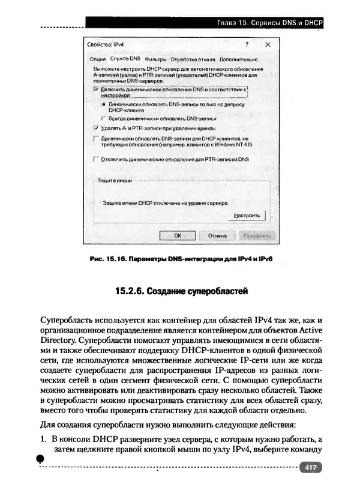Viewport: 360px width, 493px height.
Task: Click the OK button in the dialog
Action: click(x=178, y=236)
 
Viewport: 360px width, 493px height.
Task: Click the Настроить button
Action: click(x=247, y=215)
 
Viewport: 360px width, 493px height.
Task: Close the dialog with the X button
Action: click(x=268, y=45)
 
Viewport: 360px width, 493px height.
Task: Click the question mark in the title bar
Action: click(x=247, y=45)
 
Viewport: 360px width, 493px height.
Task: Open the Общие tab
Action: click(x=97, y=59)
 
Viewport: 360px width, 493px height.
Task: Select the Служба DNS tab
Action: click(x=125, y=59)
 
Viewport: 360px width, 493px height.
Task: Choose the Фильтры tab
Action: click(x=155, y=59)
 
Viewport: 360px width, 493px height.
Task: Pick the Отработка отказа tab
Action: click(x=192, y=59)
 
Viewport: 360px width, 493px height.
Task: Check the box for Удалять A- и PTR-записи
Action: click(x=96, y=128)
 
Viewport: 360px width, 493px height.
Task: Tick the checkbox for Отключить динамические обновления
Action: click(x=96, y=160)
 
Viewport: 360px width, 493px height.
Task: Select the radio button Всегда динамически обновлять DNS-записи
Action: click(x=104, y=118)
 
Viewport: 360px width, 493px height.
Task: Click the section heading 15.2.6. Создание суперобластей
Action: click(x=181, y=292)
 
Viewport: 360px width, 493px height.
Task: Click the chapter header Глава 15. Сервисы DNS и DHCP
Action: click(x=270, y=23)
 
